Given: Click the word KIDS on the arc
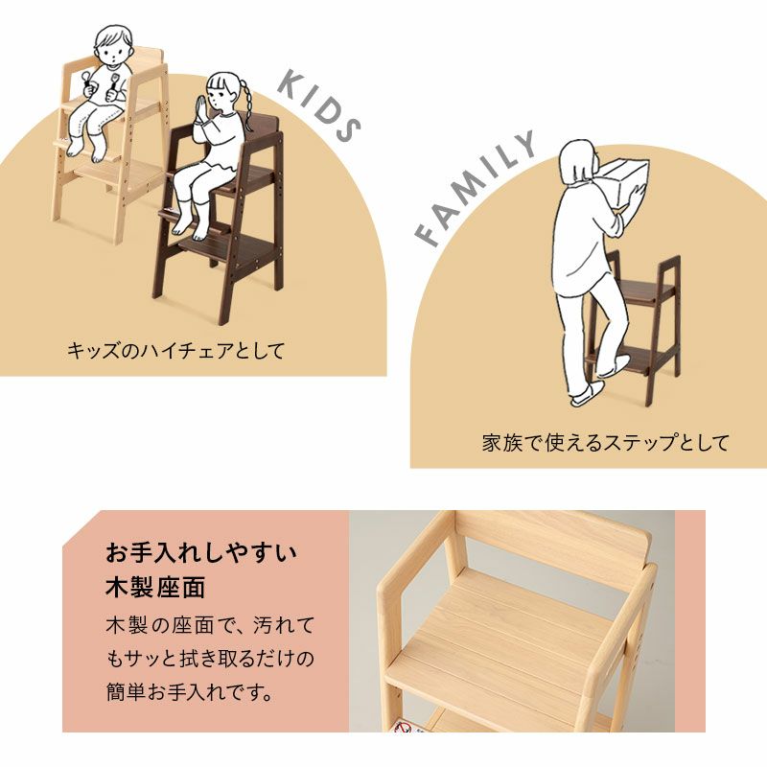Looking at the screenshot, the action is (x=319, y=106).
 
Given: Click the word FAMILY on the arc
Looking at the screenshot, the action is (x=476, y=188).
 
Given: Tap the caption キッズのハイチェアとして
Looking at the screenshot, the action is (x=175, y=351).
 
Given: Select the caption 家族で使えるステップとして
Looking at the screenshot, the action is (x=605, y=443).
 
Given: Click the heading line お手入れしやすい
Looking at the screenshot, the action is (x=201, y=552).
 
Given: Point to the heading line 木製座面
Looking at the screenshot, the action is (x=155, y=588).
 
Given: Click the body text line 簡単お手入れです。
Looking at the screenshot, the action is (x=189, y=692).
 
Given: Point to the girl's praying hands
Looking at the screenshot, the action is (x=201, y=110).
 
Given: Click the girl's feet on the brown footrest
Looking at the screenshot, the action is (x=190, y=226).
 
